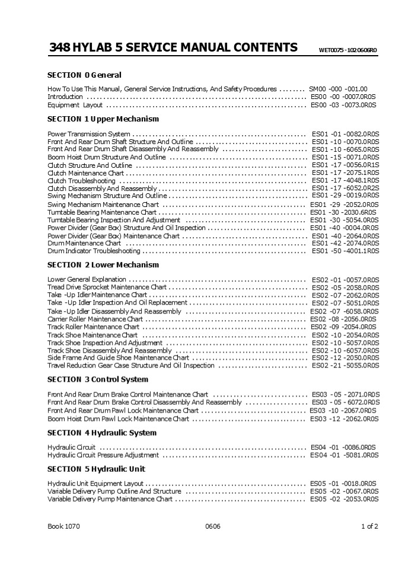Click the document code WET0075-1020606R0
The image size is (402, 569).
tap(347, 50)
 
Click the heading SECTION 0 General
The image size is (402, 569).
tap(84, 75)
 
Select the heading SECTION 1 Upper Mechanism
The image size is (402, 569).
tap(103, 119)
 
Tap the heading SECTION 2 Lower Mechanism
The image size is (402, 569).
tap(103, 265)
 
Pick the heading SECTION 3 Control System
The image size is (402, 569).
tap(98, 379)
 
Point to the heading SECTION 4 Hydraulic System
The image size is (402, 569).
tap(102, 433)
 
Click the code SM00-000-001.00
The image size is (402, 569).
tap(338, 89)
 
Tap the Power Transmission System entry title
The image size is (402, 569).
tap(89, 135)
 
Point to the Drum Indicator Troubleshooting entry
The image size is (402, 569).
tap(94, 251)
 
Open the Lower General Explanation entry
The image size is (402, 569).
tap(87, 279)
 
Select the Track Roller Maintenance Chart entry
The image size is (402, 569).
tap(94, 327)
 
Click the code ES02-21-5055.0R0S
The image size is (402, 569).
tap(345, 366)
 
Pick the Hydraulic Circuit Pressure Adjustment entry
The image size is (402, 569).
tap(103, 456)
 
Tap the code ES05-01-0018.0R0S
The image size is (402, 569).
tap(343, 484)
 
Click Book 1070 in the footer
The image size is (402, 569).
tap(64, 526)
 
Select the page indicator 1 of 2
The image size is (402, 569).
tap(369, 526)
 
